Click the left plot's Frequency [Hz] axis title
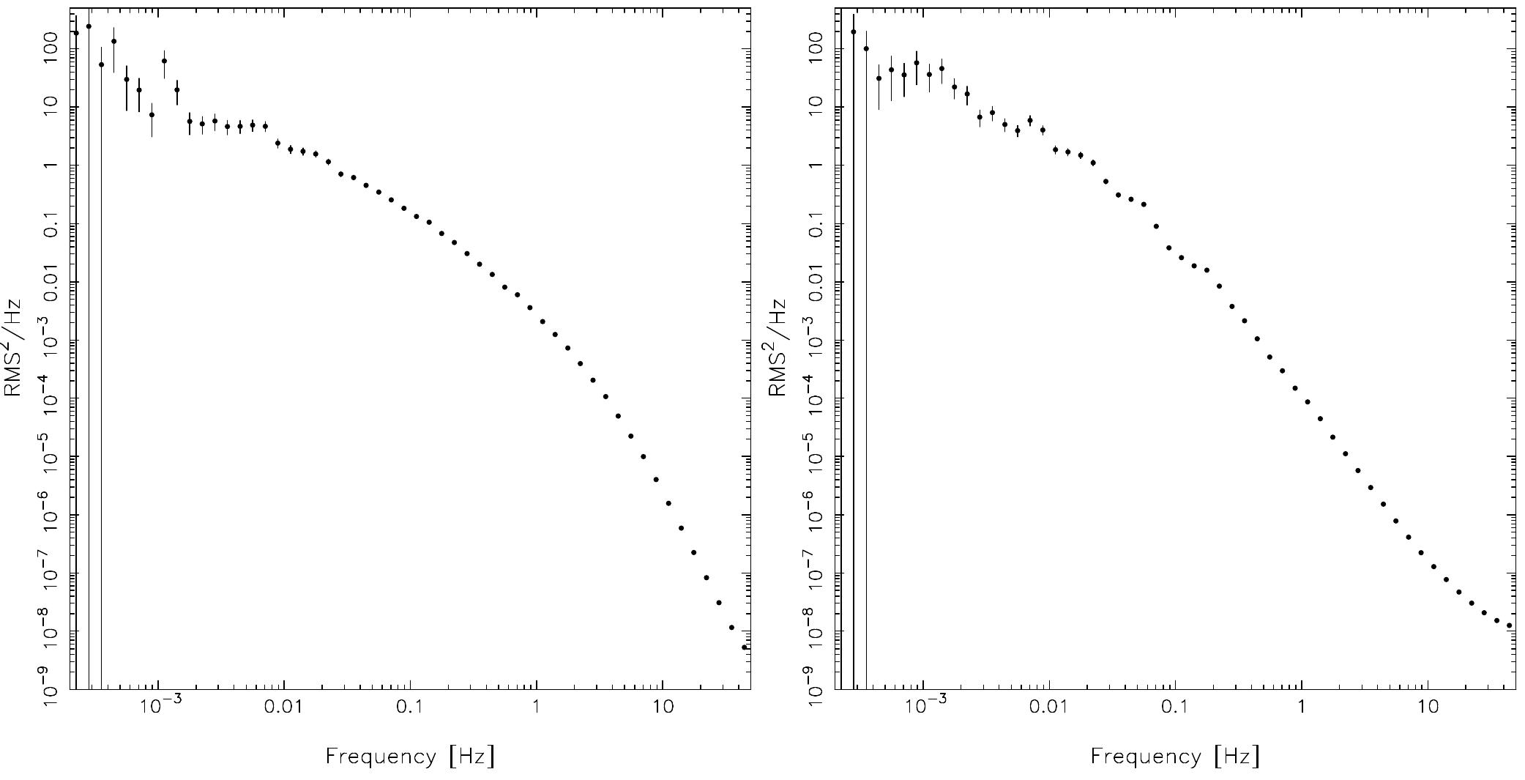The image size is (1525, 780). pyautogui.click(x=410, y=756)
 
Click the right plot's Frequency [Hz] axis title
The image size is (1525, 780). pyautogui.click(x=1175, y=756)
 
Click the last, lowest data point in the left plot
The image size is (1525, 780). pyautogui.click(x=745, y=647)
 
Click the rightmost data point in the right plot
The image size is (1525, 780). pyautogui.click(x=1509, y=625)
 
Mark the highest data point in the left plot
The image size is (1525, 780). pyautogui.click(x=89, y=26)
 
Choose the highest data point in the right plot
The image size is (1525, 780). pyautogui.click(x=854, y=31)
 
